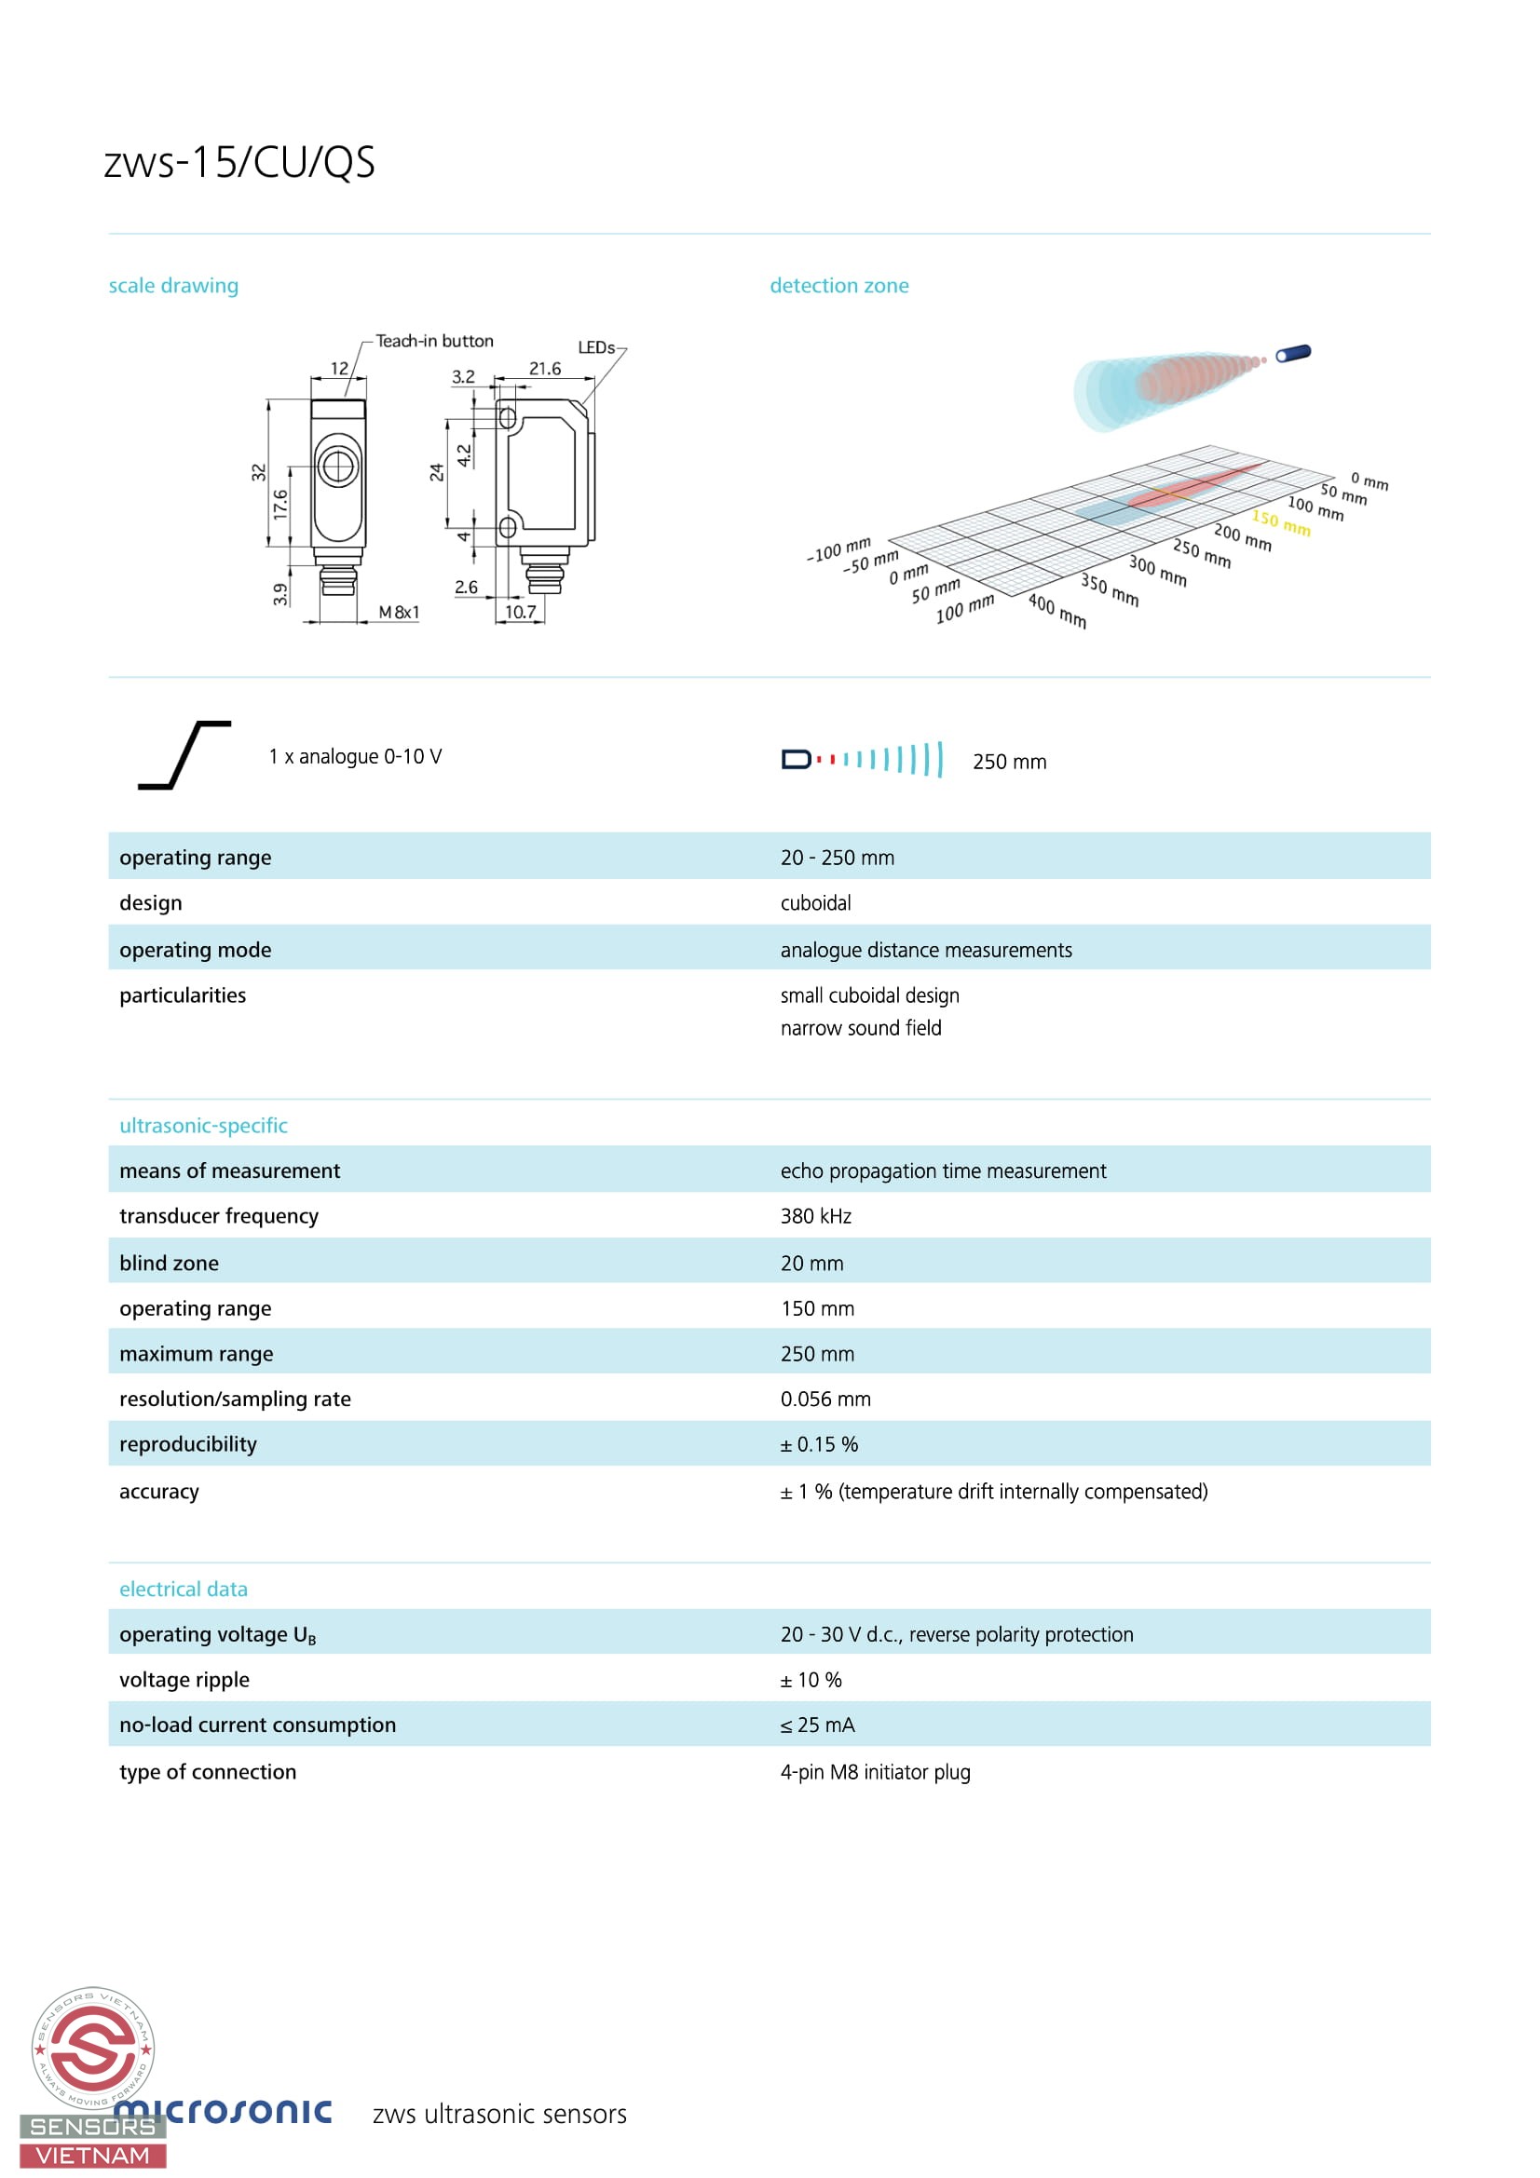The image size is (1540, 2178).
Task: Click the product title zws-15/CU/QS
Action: pos(239,162)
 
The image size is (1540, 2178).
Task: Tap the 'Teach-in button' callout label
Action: pos(434,341)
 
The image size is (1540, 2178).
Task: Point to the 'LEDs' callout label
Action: pos(596,347)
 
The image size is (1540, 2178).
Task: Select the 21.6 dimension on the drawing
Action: pos(545,368)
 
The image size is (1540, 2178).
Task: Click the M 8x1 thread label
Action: pos(399,613)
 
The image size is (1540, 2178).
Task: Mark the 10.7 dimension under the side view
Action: pos(520,612)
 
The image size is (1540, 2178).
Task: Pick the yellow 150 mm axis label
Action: pos(1281,521)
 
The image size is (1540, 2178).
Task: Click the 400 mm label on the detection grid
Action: pos(1057,611)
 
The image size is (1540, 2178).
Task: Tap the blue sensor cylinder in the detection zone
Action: pos(1293,353)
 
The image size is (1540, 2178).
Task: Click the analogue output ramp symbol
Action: pos(185,755)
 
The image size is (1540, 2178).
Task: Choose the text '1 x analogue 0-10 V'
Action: pos(355,757)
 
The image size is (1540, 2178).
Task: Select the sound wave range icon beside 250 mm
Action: pos(863,760)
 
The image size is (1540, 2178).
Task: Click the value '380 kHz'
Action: pos(816,1216)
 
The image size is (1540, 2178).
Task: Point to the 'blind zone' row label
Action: pos(169,1264)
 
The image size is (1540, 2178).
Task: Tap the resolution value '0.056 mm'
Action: pos(825,1400)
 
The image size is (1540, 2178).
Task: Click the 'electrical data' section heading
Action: pos(184,1589)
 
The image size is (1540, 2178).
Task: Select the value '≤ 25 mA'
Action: pos(817,1725)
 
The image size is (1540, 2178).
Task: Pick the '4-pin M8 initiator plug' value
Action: pos(875,1772)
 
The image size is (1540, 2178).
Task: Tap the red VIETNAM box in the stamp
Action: pos(93,2157)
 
